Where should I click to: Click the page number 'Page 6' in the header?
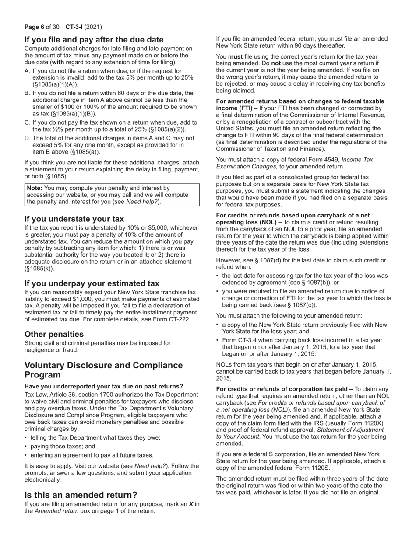point(35,27)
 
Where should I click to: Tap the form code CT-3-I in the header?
point(74,27)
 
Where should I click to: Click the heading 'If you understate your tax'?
point(74,219)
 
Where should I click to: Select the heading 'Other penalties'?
point(54,334)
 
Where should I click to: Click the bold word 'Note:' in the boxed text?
point(35,188)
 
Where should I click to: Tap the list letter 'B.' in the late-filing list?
point(28,93)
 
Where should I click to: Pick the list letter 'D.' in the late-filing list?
point(28,138)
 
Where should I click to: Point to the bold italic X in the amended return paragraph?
point(191,504)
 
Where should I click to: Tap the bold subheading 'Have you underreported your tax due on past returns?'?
point(104,386)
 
